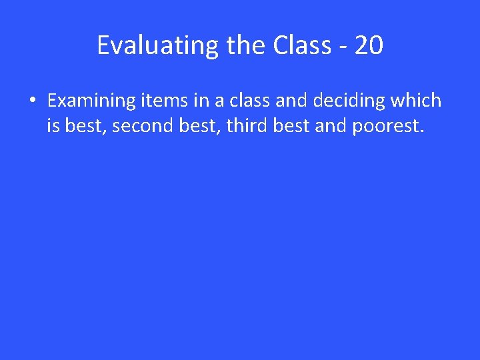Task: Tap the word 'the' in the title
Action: click(247, 45)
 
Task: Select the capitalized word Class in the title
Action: click(301, 45)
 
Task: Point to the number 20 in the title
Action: click(369, 45)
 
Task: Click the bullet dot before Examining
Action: click(31, 101)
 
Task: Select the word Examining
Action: click(92, 101)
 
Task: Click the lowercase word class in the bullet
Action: click(249, 101)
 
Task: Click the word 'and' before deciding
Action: click(290, 101)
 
